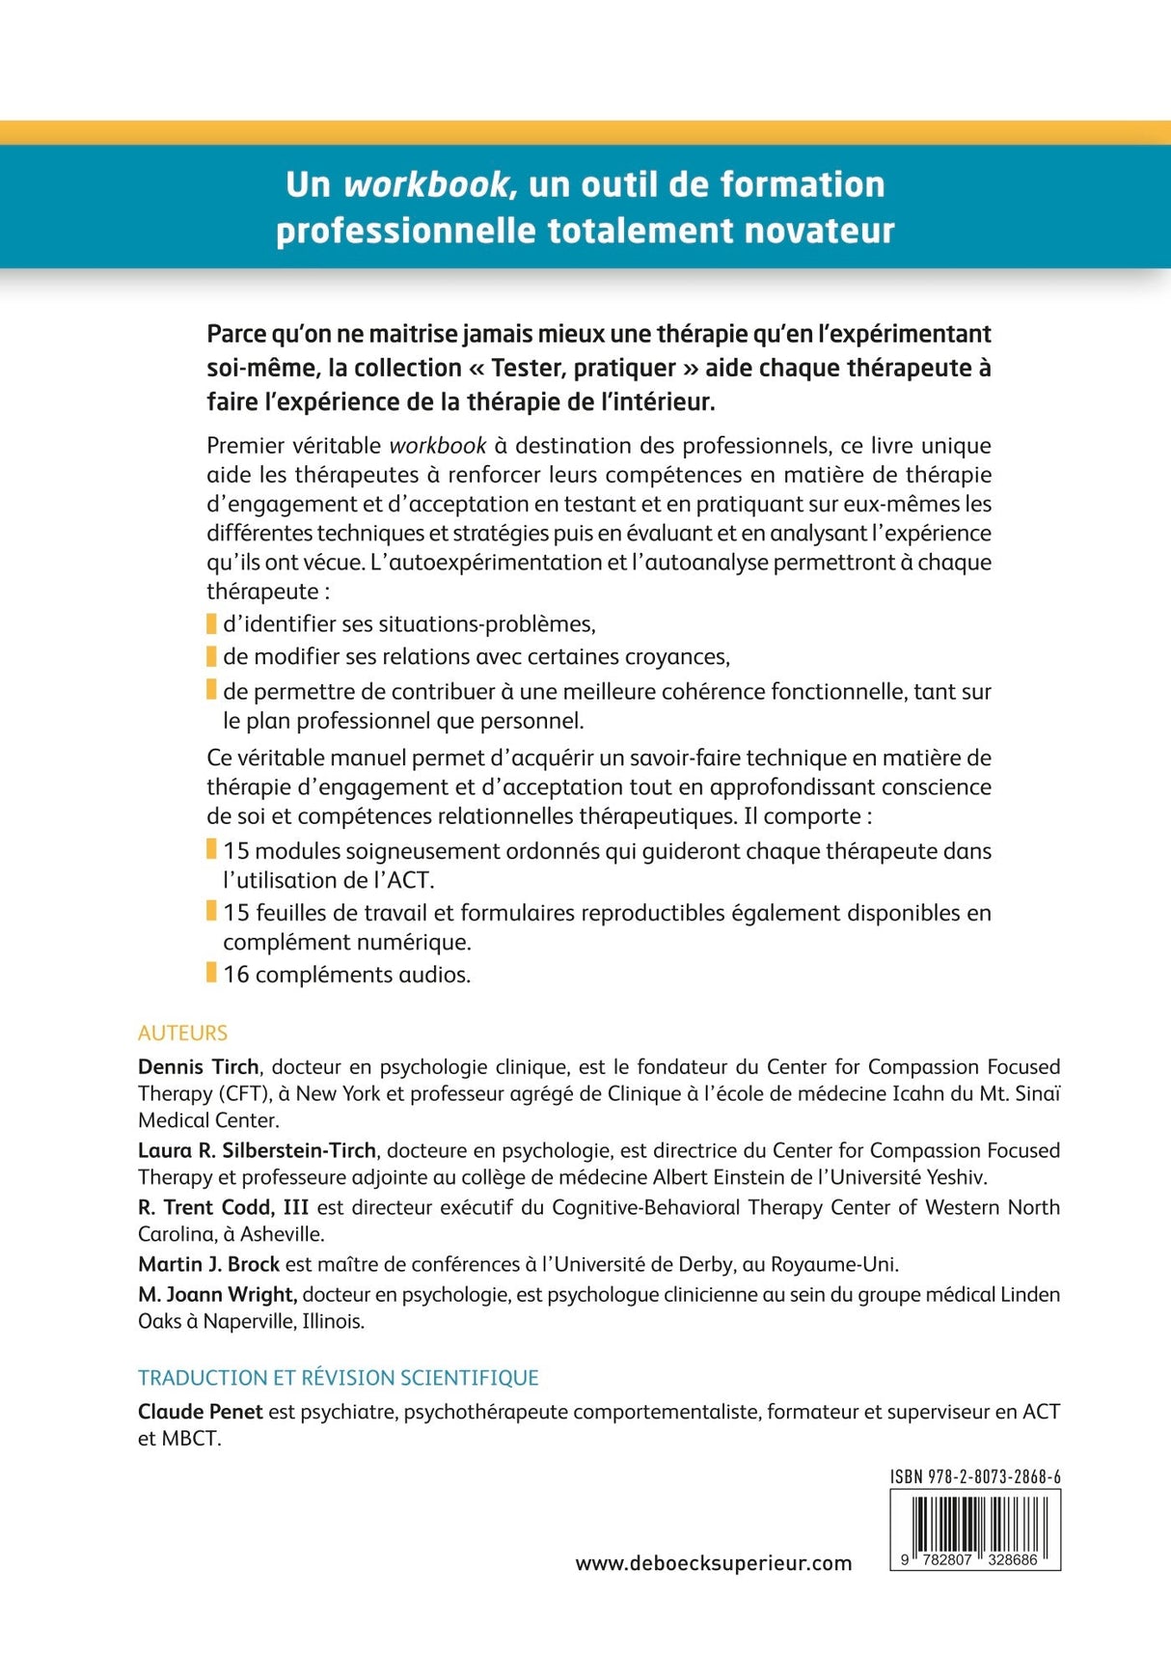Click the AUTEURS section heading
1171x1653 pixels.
pyautogui.click(x=182, y=1033)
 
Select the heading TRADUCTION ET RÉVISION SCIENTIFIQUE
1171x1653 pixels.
pyautogui.click(x=338, y=1378)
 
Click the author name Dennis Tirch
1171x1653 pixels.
pyautogui.click(x=199, y=1067)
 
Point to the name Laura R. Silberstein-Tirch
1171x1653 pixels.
pyautogui.click(x=257, y=1150)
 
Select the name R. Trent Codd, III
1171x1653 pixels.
pyautogui.click(x=223, y=1207)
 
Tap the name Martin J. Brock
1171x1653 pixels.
pyautogui.click(x=208, y=1264)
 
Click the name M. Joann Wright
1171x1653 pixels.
pyautogui.click(x=217, y=1295)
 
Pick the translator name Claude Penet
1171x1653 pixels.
pyautogui.click(x=200, y=1412)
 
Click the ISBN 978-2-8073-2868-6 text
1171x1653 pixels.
pyautogui.click(x=975, y=1477)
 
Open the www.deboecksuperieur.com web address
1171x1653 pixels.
pyautogui.click(x=713, y=1564)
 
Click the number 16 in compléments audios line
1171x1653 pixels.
pyautogui.click(x=236, y=975)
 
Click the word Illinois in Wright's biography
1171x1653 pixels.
pyautogui.click(x=333, y=1322)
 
